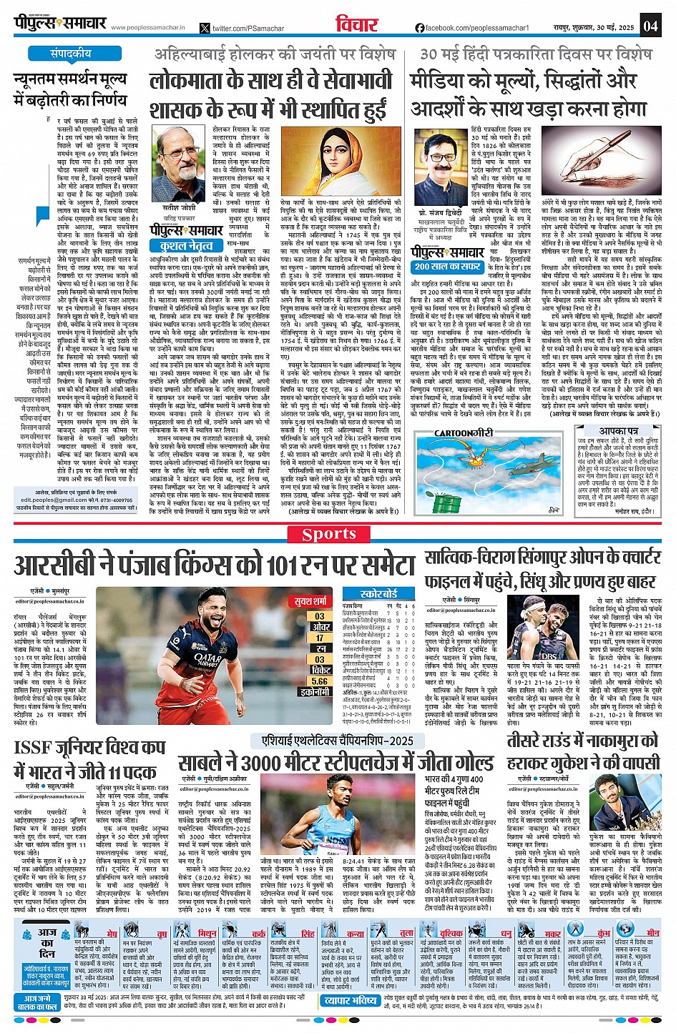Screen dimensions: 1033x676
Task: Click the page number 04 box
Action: [650, 26]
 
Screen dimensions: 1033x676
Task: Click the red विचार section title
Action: [356, 26]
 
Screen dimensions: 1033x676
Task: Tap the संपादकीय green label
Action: [70, 54]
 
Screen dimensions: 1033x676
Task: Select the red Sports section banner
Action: [338, 535]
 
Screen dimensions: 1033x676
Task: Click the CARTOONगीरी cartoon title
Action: [464, 433]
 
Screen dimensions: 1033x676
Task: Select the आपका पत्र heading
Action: [618, 431]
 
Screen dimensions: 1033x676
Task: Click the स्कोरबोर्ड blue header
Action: [378, 593]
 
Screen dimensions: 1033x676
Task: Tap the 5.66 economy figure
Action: [320, 681]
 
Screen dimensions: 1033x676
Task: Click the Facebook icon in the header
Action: [419, 28]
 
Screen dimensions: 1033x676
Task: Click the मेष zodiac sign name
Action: [112, 934]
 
